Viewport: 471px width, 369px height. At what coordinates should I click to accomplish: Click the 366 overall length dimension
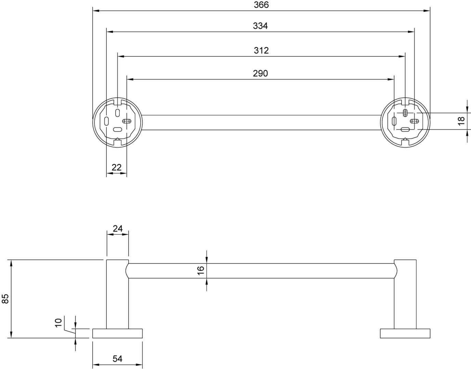tap(261, 5)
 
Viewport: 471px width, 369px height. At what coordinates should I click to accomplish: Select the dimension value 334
tap(260, 26)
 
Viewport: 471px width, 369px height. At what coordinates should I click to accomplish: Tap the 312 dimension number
tap(261, 51)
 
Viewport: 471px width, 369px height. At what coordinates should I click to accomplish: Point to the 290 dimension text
tap(260, 73)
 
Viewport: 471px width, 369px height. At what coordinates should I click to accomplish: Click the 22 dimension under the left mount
tap(117, 167)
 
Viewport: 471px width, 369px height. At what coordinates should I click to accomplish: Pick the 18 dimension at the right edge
tap(462, 121)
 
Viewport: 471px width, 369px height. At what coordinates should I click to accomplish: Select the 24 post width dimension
tap(118, 229)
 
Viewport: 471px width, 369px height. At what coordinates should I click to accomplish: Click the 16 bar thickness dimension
tap(201, 271)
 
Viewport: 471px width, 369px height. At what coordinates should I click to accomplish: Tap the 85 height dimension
tap(5, 299)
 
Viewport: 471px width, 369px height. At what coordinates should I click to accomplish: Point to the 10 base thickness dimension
tap(58, 323)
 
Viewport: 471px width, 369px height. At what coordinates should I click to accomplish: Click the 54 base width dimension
tap(117, 359)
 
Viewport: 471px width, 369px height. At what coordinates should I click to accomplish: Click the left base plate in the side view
tap(117, 333)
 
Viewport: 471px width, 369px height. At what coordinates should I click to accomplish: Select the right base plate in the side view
tap(405, 333)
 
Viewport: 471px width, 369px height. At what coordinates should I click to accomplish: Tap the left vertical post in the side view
tap(117, 294)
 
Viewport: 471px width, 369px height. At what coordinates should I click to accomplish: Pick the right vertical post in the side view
tap(405, 294)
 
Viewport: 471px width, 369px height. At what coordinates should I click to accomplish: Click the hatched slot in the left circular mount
tap(127, 121)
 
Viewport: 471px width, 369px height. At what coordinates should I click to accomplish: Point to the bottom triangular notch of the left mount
tap(117, 139)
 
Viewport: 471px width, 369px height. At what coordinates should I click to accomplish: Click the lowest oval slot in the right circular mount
tap(405, 129)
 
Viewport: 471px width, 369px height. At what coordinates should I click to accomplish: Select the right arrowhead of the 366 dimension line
tap(427, 11)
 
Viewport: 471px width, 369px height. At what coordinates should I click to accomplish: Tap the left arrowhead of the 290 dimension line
tap(130, 79)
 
